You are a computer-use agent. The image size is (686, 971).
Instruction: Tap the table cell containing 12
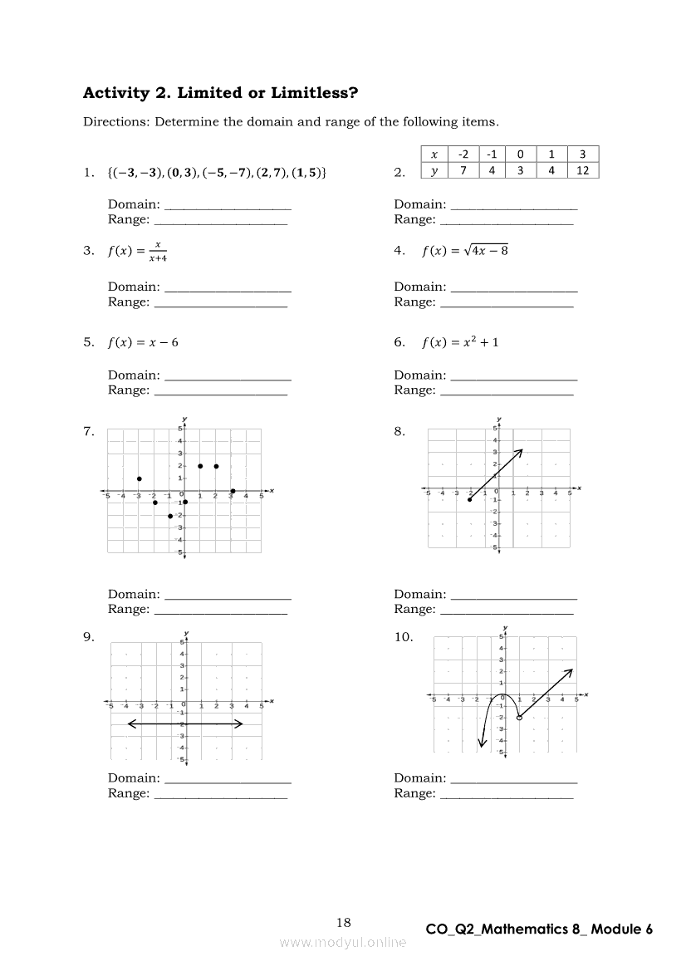click(x=582, y=170)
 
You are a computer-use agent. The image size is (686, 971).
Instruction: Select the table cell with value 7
click(x=463, y=170)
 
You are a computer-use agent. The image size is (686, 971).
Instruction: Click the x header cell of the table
click(x=434, y=154)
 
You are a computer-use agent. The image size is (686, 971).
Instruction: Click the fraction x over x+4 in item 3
click(x=158, y=251)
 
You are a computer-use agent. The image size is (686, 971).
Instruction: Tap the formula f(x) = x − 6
click(x=143, y=341)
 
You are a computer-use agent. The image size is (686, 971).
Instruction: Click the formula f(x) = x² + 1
click(x=460, y=341)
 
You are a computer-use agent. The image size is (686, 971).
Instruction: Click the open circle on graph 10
click(x=520, y=717)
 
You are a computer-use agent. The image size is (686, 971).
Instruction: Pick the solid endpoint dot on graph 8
click(x=470, y=499)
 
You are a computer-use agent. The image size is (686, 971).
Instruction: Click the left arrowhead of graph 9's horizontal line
click(x=130, y=724)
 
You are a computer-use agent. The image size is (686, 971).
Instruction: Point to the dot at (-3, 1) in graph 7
click(x=140, y=478)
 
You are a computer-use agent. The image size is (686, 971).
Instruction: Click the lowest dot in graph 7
click(x=170, y=516)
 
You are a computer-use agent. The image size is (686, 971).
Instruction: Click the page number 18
click(x=344, y=922)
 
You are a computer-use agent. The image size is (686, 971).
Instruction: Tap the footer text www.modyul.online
click(x=343, y=942)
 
